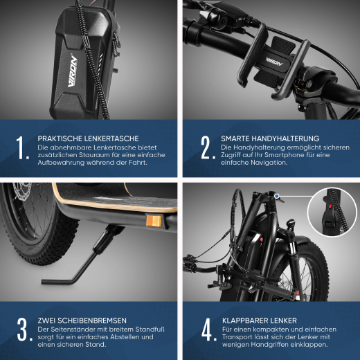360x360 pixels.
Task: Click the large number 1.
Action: coord(21,147)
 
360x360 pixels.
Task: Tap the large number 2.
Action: coord(206,147)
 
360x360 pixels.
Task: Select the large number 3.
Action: coord(23,330)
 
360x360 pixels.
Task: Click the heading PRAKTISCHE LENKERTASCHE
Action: coord(88,138)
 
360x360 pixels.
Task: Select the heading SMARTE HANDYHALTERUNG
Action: coord(269,138)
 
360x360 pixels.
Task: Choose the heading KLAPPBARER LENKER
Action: coord(260,321)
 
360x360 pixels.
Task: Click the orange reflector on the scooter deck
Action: coord(154,221)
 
